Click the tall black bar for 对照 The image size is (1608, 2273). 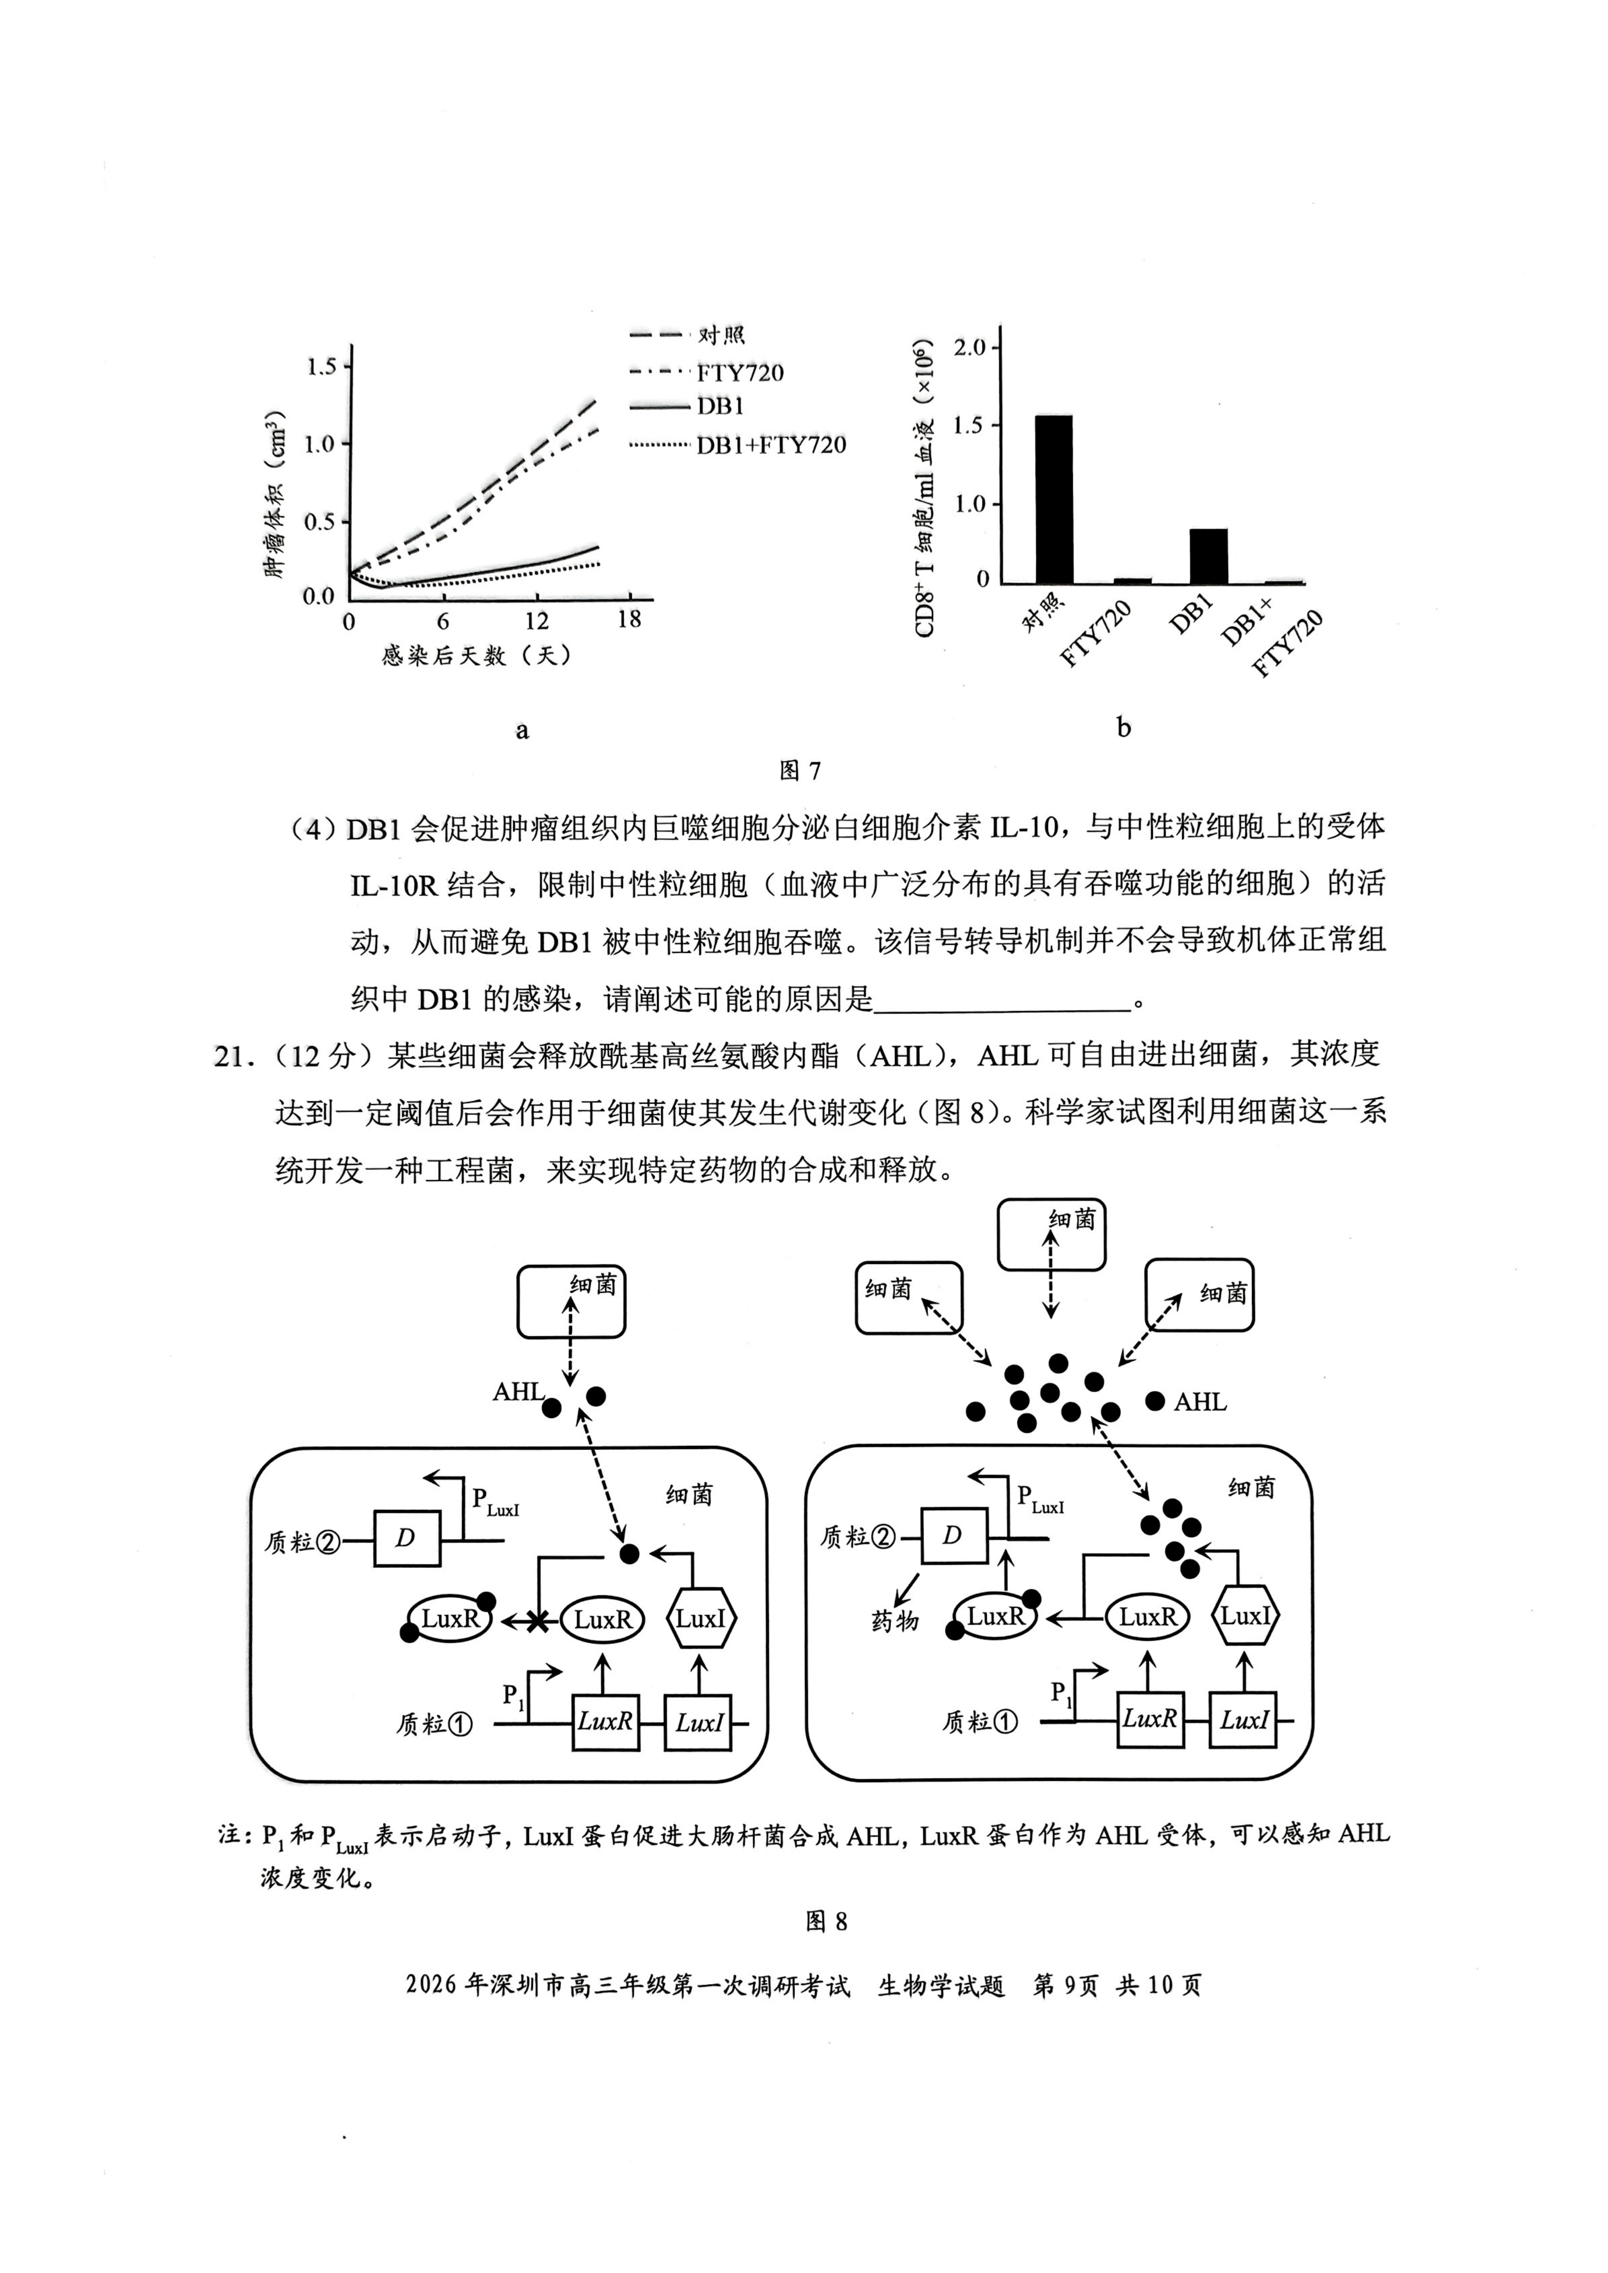[1054, 499]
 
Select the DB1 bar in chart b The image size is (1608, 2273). [1208, 556]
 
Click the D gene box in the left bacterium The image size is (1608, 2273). [406, 1539]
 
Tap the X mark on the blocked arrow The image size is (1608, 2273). [537, 1622]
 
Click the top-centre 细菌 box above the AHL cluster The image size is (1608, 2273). [1051, 1234]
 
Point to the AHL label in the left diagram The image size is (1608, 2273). [518, 1392]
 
